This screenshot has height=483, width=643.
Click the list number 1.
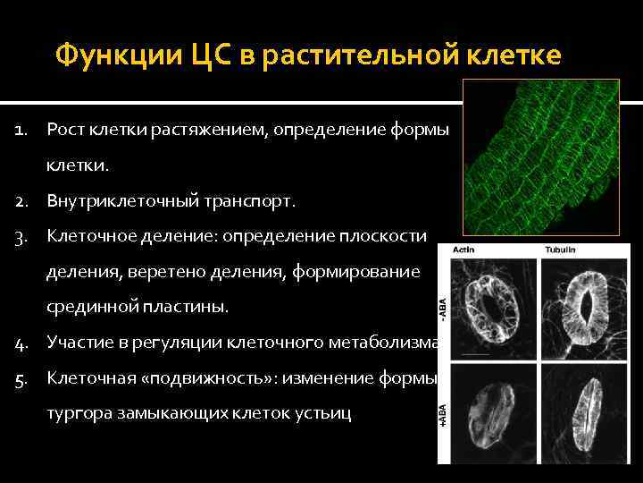coord(22,131)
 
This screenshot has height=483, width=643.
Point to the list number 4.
coord(22,341)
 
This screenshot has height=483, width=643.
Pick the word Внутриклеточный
coord(114,201)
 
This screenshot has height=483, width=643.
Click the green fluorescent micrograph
coord(539,157)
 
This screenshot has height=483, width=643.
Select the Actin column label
coord(465,250)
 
